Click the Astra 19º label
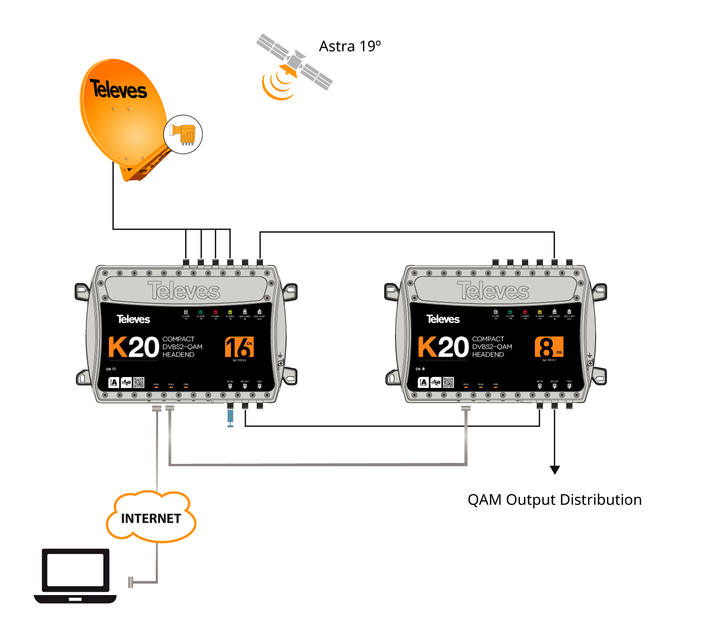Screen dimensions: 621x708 click(x=350, y=46)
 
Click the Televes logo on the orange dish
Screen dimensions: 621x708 click(x=118, y=89)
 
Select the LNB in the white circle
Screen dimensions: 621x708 click(x=183, y=134)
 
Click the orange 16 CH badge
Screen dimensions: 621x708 click(x=239, y=347)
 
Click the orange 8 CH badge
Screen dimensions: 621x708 click(x=549, y=347)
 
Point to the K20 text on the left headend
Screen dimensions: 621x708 click(x=134, y=347)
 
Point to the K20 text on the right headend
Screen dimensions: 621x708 click(x=444, y=347)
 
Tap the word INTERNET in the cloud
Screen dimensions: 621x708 click(x=151, y=519)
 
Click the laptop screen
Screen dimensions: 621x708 click(x=76, y=570)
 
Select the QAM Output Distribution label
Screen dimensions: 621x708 click(x=555, y=500)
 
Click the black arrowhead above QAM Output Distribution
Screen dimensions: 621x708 click(x=555, y=470)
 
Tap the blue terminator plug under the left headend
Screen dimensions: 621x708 click(x=230, y=416)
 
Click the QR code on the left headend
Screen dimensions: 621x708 click(x=139, y=382)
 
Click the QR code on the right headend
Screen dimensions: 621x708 click(x=448, y=382)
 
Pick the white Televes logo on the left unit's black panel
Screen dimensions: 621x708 click(x=134, y=319)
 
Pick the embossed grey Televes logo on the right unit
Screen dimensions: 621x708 click(x=493, y=290)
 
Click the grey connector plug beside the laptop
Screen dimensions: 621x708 click(x=131, y=582)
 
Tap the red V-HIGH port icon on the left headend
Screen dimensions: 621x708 click(x=215, y=312)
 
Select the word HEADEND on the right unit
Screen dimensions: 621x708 click(x=488, y=355)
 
